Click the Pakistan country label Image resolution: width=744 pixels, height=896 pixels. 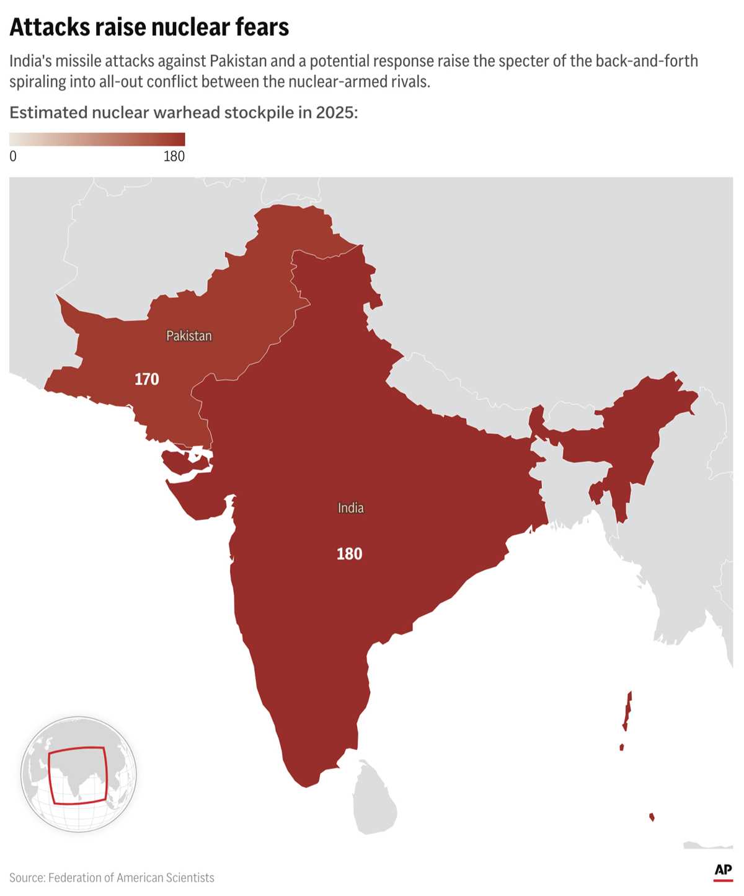189,336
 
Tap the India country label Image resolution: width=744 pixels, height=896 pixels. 350,508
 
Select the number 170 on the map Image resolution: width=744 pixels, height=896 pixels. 147,379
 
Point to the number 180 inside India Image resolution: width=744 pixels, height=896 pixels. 349,554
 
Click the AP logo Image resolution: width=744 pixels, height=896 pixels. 723,871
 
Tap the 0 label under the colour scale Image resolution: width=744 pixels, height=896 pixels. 13,156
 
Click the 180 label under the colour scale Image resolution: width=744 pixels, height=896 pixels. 174,156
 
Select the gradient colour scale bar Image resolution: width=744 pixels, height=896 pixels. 97,139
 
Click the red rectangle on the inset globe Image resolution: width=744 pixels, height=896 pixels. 78,775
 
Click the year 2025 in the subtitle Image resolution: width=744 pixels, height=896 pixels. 335,113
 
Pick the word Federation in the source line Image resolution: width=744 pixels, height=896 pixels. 79,877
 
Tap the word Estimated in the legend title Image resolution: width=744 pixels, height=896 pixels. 48,113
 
